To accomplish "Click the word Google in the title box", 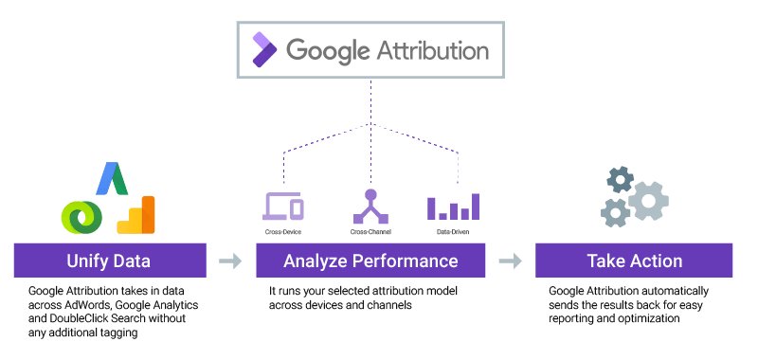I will [x=329, y=49].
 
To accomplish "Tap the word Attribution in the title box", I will [x=435, y=48].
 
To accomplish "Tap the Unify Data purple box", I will [x=109, y=261].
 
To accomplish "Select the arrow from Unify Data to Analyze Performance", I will [x=230, y=261].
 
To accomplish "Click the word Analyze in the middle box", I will [x=313, y=261].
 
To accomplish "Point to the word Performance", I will [x=404, y=261].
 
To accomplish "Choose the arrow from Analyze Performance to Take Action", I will [x=511, y=261].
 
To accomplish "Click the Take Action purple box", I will [x=634, y=261].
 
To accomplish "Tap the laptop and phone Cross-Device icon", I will [x=283, y=207].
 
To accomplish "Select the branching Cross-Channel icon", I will [x=370, y=207].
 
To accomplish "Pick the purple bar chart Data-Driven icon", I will [x=454, y=207].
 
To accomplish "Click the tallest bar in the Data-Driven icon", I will [x=476, y=206].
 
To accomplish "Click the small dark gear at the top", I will [x=620, y=179].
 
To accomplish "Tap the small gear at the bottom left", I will [x=615, y=213].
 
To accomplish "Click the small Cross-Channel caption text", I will [x=370, y=230].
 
